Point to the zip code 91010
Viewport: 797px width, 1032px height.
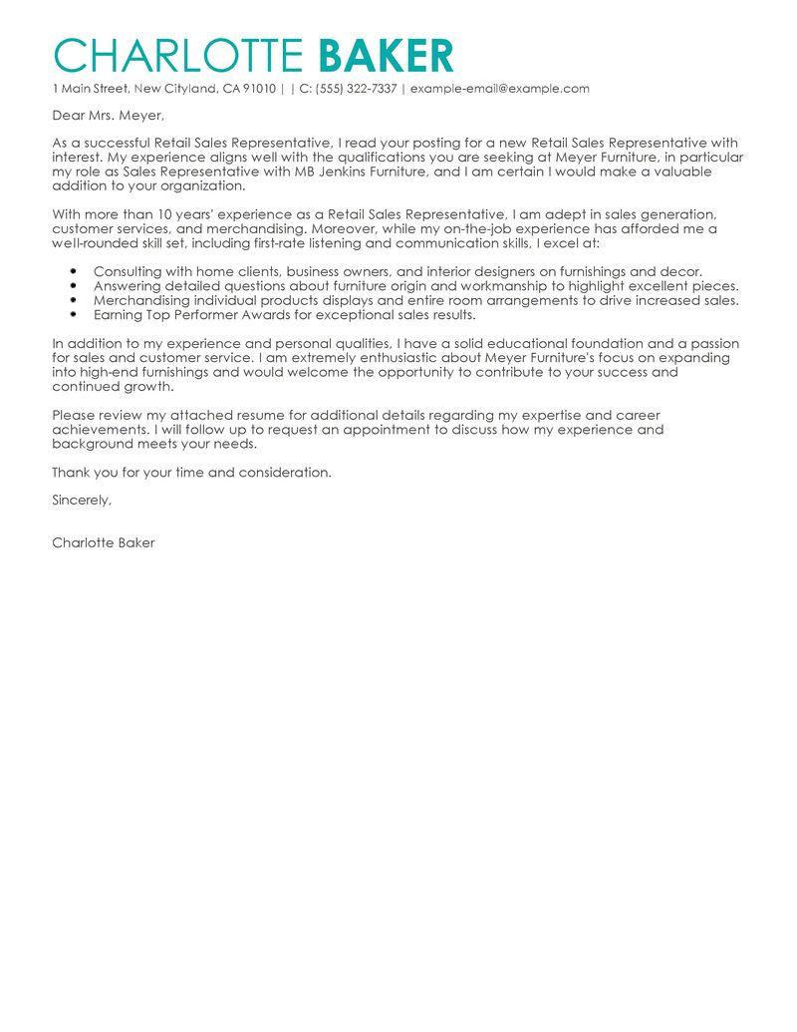pos(258,89)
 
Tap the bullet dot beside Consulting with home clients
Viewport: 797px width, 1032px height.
pos(75,271)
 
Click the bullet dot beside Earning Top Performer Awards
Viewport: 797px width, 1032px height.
pos(75,314)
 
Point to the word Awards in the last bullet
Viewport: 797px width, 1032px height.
pos(237,314)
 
